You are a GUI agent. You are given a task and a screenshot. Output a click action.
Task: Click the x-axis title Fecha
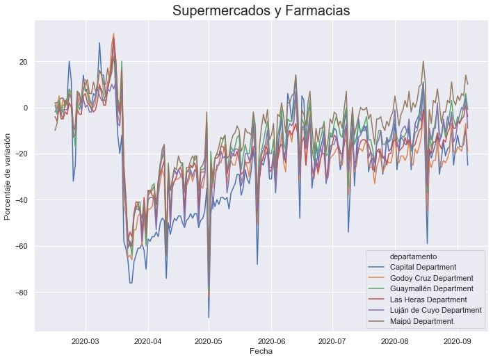(261, 352)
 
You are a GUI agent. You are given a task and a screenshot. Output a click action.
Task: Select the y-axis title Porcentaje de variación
(8, 177)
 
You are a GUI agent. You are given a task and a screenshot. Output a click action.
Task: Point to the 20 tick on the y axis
(23, 62)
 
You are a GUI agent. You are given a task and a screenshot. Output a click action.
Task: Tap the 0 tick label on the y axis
(25, 108)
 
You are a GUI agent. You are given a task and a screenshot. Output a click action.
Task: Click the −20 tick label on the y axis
(21, 154)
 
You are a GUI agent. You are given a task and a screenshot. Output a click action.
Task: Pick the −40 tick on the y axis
(21, 200)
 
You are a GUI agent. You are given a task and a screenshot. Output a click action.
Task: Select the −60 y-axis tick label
(21, 246)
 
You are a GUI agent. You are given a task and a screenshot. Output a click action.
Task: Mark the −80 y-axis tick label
(21, 292)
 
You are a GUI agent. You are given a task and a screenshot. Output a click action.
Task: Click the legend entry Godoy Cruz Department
(433, 278)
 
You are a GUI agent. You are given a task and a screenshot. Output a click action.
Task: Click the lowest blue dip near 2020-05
(209, 317)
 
